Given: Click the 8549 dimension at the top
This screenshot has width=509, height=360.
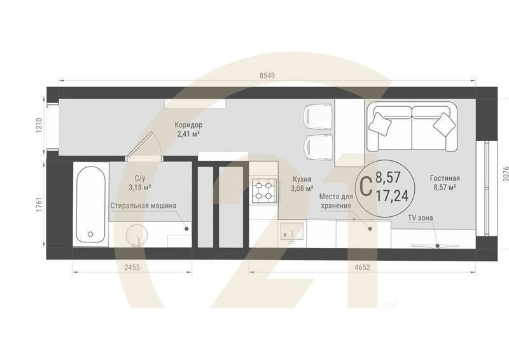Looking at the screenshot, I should pos(267,75).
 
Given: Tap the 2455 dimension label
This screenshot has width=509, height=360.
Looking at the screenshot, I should pos(132,268).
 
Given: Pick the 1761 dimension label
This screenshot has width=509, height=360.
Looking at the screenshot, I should pos(39,205).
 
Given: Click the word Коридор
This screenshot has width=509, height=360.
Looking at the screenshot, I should pos(188,125).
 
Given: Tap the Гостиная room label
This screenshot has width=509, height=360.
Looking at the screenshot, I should pos(444,179).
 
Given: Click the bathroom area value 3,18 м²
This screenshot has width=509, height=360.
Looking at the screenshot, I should pos(139,188).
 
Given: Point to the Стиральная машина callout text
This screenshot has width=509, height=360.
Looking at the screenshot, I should pos(143,205).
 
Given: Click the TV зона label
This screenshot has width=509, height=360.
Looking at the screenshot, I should pos(420,218).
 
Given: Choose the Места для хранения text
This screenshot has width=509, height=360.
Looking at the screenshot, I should pos(335,202).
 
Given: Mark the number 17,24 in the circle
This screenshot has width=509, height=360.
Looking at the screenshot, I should pos(392,196).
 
